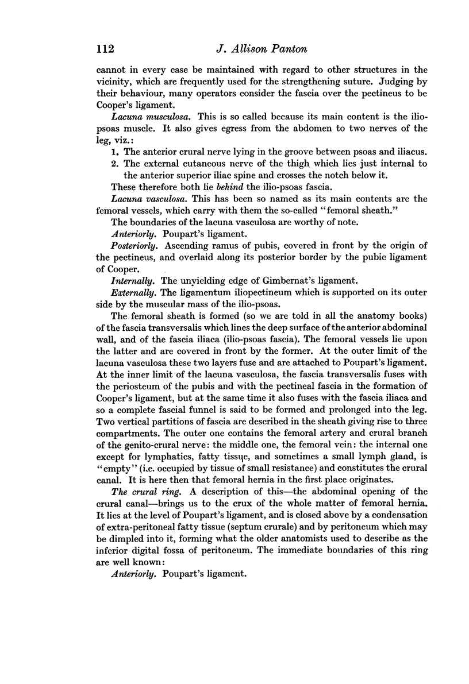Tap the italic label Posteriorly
click(x=133, y=244)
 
